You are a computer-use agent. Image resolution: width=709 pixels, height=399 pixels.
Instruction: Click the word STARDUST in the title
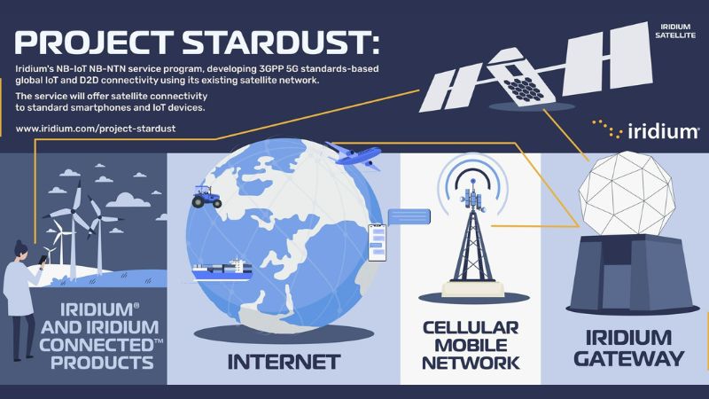280,43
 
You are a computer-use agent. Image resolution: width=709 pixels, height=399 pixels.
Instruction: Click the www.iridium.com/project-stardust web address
96,129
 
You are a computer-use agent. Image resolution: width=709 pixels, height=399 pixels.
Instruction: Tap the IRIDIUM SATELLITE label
675,31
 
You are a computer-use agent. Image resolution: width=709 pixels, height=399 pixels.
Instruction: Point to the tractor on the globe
206,197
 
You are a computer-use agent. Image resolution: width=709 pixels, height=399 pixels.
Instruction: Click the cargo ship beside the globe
222,270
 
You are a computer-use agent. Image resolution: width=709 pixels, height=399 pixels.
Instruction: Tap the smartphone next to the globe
378,243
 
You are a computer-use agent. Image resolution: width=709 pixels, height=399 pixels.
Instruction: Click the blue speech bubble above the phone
409,216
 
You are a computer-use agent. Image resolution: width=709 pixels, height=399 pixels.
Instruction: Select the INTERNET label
284,362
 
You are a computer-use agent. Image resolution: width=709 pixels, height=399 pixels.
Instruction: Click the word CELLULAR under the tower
471,327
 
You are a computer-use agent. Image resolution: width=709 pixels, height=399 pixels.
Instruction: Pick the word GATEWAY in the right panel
629,359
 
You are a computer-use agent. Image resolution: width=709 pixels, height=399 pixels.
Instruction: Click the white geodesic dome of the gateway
627,193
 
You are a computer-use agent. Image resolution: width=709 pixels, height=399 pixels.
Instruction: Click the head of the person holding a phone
19,249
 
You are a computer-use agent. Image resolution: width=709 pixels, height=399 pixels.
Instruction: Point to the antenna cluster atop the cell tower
473,199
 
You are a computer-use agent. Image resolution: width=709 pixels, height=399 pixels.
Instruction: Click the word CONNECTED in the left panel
100,345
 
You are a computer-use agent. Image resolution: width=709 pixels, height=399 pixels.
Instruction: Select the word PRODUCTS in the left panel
102,363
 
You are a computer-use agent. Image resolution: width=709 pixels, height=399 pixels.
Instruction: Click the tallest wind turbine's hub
74,211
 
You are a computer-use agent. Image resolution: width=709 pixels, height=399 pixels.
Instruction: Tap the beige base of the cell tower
473,289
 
